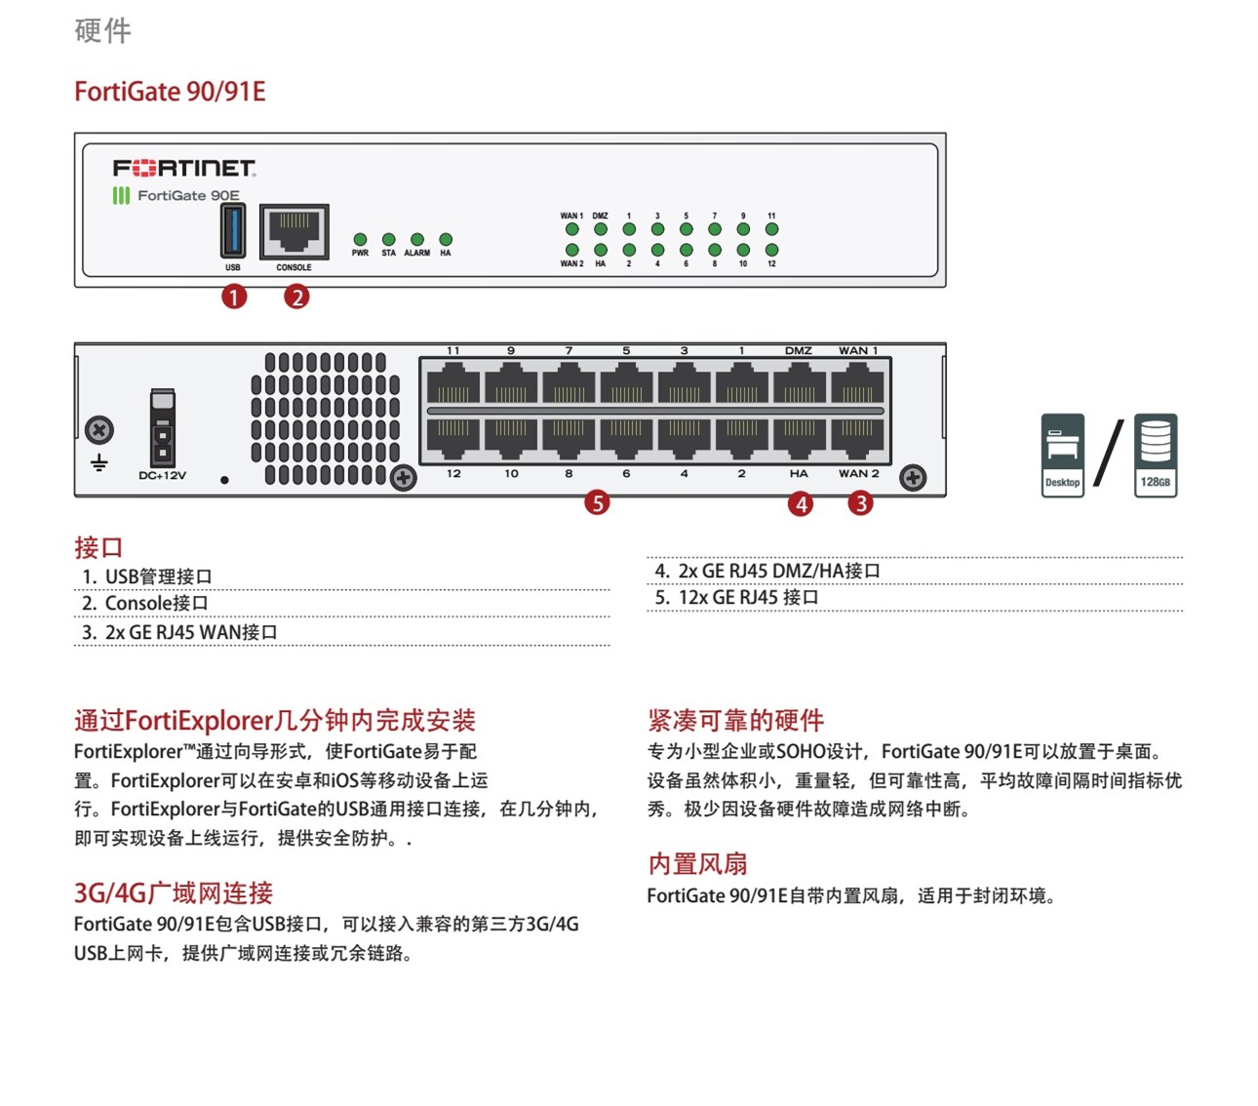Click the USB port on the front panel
click(233, 230)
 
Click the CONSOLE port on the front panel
click(294, 231)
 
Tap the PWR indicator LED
click(360, 239)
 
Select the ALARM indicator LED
click(417, 239)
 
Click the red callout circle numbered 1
click(234, 296)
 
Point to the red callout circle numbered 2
click(296, 296)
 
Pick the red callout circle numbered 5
click(597, 502)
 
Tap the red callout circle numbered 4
click(801, 503)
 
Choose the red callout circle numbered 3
click(860, 502)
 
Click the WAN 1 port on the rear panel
click(857, 382)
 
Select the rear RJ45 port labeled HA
click(800, 437)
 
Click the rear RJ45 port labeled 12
click(453, 437)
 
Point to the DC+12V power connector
click(163, 429)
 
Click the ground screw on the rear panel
click(99, 429)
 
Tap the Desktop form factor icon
click(1062, 454)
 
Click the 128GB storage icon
click(1156, 454)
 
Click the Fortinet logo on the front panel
click(184, 168)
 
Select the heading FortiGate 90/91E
click(170, 92)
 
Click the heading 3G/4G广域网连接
click(174, 892)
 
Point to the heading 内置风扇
click(697, 863)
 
